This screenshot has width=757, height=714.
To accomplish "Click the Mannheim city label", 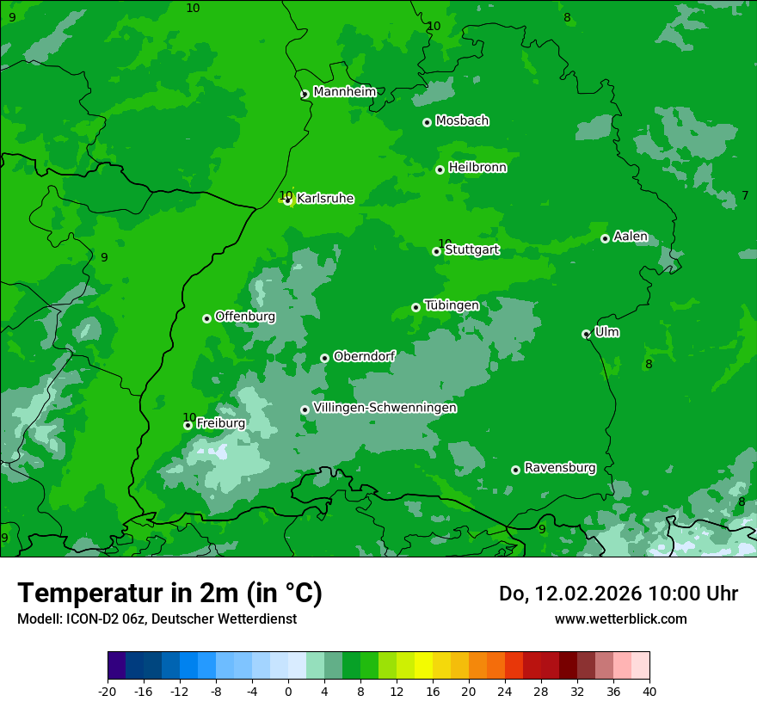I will tap(345, 92).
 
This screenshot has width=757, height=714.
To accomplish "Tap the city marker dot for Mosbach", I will tap(427, 122).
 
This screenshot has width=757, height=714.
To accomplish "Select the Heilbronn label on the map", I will tap(477, 168).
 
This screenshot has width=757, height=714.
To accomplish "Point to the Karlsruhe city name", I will tap(325, 199).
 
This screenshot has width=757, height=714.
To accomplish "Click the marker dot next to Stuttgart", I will tap(436, 251).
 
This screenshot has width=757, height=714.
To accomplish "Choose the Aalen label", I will tap(631, 237).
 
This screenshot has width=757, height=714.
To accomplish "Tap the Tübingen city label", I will tap(452, 305).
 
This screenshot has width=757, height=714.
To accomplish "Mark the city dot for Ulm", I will tap(586, 334).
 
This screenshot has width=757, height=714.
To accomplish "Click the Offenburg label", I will tap(245, 317).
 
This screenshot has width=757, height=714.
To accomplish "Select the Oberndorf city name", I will tap(365, 356).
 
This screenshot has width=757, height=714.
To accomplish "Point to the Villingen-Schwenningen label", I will tap(385, 408).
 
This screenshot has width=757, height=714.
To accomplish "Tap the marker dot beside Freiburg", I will tap(188, 425).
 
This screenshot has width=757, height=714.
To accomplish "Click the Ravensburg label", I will tap(560, 468).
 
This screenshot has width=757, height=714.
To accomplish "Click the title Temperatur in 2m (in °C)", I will tap(169, 594).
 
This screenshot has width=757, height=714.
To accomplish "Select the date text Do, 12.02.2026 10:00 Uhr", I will tap(619, 594).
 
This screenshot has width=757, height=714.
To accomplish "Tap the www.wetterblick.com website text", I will tap(620, 619).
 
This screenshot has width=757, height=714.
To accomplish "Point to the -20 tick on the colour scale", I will tap(108, 691).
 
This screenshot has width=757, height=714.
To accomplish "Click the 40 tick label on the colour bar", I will tap(649, 691).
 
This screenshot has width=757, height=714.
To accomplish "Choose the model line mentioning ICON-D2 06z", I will tap(157, 619).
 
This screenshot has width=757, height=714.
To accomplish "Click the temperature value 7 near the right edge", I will tap(745, 196).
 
